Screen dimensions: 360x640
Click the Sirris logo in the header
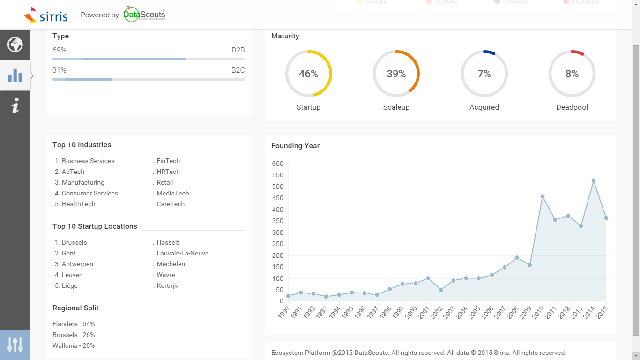point(46,15)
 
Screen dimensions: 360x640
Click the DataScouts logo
point(144,14)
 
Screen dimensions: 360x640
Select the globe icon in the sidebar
point(15,45)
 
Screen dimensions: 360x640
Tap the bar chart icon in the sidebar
point(15,75)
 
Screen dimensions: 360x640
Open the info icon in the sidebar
point(15,105)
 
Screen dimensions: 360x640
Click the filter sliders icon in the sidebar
point(15,345)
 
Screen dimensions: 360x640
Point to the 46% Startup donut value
point(308,74)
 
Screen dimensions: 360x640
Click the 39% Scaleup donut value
point(396,74)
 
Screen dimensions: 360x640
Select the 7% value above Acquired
point(484,74)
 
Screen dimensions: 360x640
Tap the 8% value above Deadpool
point(572,74)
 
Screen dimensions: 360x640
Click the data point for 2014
point(594,180)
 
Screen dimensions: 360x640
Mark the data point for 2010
point(543,196)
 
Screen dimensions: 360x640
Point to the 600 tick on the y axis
point(277,164)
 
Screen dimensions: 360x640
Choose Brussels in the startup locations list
point(74,242)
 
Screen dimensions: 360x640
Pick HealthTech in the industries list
point(78,204)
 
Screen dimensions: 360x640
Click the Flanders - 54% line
point(74,324)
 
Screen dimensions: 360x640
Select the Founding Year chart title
point(295,146)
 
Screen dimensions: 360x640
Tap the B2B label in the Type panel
point(238,50)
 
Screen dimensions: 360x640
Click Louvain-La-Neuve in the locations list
point(183,253)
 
